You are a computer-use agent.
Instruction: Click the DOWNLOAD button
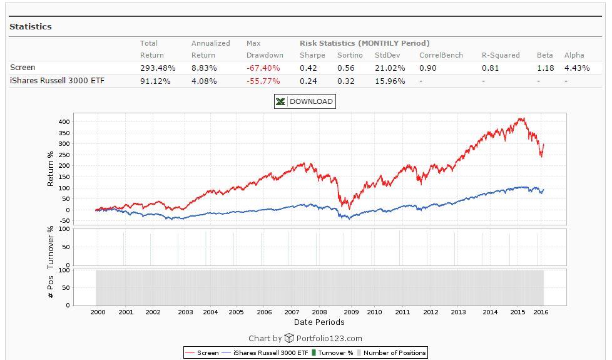(x=305, y=101)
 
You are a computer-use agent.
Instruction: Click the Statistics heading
(x=31, y=27)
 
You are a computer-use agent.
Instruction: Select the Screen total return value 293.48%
(x=158, y=68)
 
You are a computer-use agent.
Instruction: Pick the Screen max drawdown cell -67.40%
(x=263, y=68)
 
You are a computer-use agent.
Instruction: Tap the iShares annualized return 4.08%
(x=204, y=81)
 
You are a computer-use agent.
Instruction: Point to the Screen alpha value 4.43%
(x=577, y=68)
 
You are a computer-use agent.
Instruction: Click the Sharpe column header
(x=312, y=55)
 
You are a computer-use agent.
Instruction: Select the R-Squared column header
(x=501, y=55)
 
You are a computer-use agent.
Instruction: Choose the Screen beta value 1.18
(x=545, y=68)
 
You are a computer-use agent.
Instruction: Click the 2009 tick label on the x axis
(x=351, y=312)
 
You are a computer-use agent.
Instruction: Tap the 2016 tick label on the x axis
(x=541, y=312)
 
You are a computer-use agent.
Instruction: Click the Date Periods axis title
(x=319, y=322)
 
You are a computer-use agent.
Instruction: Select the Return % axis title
(x=51, y=168)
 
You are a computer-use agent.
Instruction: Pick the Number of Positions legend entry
(x=394, y=353)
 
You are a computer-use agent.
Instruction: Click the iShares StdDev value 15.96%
(x=390, y=81)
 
